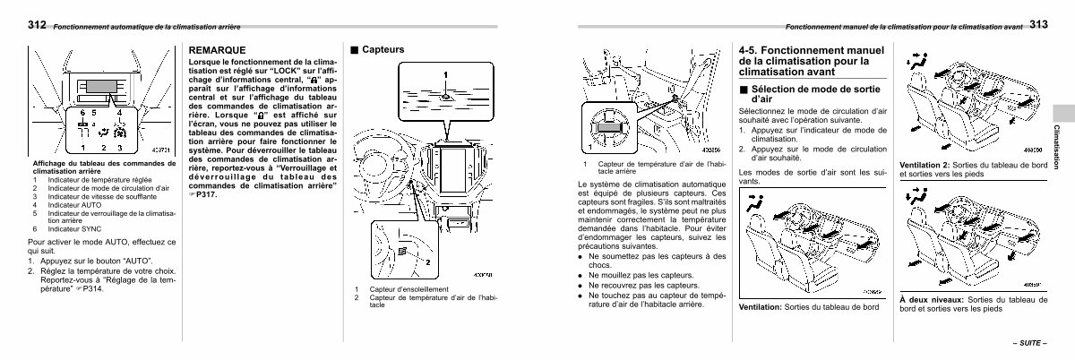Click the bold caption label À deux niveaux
[927, 299]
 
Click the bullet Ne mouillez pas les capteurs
[632, 275]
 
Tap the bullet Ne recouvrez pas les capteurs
[635, 284]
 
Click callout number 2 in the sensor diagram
[428, 262]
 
